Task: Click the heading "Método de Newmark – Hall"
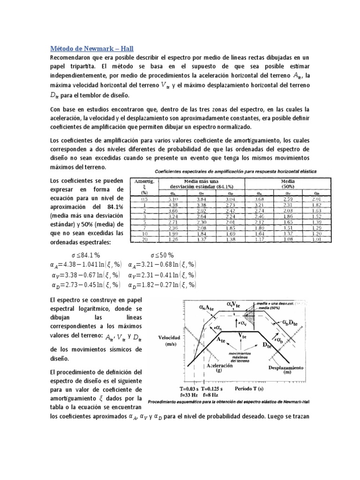coord(92,48)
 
